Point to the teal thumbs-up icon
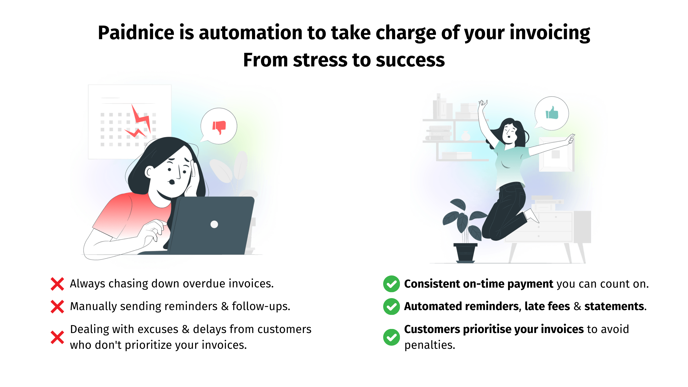tap(552, 113)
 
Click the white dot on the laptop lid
tap(214, 224)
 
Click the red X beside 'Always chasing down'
tap(57, 284)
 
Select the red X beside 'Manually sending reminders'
tap(57, 306)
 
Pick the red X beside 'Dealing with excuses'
tap(57, 337)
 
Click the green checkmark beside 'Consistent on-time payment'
tap(391, 284)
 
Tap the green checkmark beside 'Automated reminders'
tap(391, 306)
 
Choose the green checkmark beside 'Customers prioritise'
tap(391, 337)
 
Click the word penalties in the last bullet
tap(430, 345)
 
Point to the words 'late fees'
tap(547, 306)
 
